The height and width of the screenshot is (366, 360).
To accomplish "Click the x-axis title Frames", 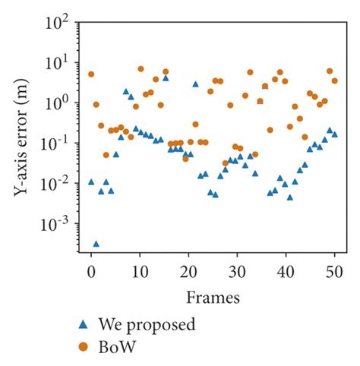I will (x=212, y=295).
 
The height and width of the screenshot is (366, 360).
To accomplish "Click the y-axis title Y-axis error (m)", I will (x=22, y=140).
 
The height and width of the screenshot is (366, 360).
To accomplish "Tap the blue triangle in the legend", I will (x=84, y=325).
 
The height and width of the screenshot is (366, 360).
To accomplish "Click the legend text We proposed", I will (x=147, y=325).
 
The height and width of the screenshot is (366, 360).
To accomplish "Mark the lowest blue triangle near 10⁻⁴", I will (x=96, y=244).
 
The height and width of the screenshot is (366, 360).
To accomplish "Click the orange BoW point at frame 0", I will (x=91, y=74).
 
